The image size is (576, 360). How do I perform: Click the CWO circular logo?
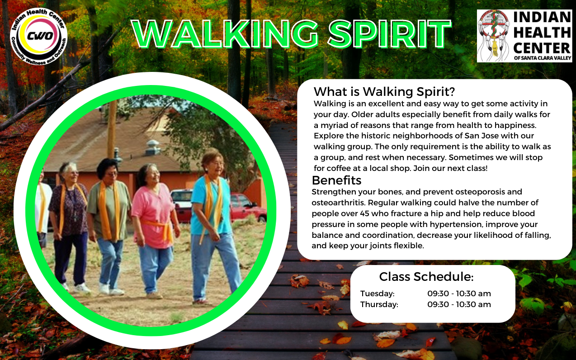(x=39, y=36)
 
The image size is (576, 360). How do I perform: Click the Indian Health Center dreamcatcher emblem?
(x=494, y=36)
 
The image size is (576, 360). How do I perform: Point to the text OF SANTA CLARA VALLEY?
(x=543, y=58)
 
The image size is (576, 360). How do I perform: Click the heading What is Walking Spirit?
(x=384, y=91)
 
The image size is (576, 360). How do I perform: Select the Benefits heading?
(x=336, y=180)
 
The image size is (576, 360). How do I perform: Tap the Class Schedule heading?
(x=426, y=277)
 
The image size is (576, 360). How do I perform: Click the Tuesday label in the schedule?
(x=377, y=294)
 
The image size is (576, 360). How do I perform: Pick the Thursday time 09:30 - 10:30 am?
(x=459, y=304)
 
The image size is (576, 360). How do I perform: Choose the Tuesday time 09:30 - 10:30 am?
(x=459, y=294)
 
